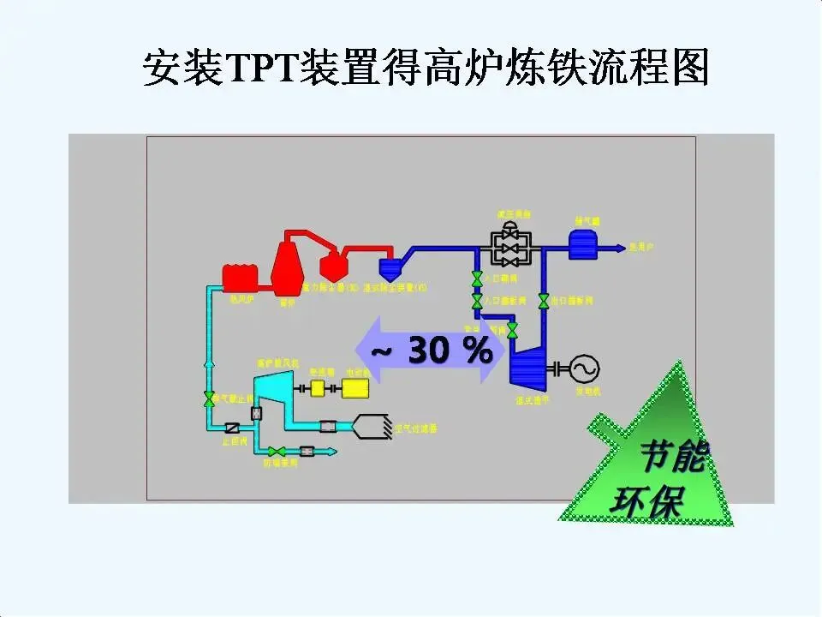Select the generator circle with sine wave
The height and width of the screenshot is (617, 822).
tap(586, 368)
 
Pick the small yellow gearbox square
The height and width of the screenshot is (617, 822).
tap(318, 389)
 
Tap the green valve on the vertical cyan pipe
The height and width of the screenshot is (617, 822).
tap(209, 399)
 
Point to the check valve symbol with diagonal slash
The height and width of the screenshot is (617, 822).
tap(231, 428)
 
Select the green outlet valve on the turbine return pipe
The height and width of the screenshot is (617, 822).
tap(543, 302)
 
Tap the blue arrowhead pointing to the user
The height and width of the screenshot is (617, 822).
tap(619, 249)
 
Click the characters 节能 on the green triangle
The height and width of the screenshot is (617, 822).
tap(673, 458)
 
